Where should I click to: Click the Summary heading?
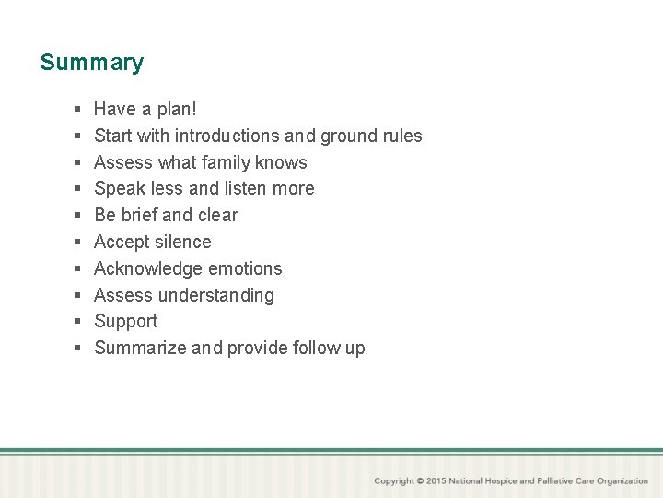click(x=91, y=63)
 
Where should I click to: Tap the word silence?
click(x=181, y=242)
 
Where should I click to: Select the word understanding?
click(x=216, y=295)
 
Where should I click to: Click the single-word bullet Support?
click(x=125, y=321)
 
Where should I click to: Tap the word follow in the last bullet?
click(x=316, y=348)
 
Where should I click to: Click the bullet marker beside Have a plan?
click(x=77, y=110)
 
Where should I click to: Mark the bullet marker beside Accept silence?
click(x=77, y=243)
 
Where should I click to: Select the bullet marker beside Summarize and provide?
click(x=77, y=349)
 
